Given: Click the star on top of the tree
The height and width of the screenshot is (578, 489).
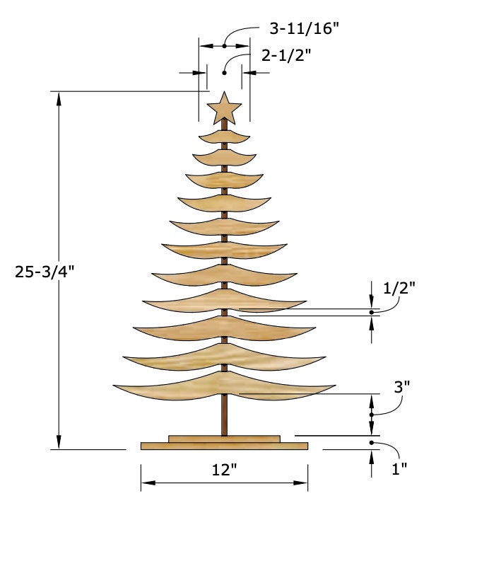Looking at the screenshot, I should pyautogui.click(x=225, y=108).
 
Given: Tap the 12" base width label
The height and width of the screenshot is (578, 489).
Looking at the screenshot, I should pyautogui.click(x=224, y=470).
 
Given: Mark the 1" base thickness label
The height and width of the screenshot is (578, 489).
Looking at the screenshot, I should pyautogui.click(x=399, y=469).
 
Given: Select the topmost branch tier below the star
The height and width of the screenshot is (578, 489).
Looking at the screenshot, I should pyautogui.click(x=224, y=134).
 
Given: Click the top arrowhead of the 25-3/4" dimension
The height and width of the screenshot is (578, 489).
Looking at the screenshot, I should pyautogui.click(x=59, y=97).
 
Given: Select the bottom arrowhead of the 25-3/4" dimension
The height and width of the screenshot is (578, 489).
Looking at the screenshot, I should pyautogui.click(x=59, y=443).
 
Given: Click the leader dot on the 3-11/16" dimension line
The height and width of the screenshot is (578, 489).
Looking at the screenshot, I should pyautogui.click(x=225, y=46).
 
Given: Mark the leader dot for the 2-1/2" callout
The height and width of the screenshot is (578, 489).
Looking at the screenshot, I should pyautogui.click(x=225, y=72).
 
